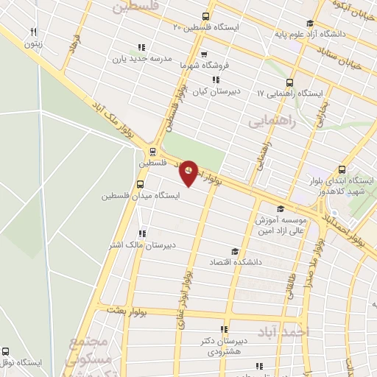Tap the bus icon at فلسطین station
151,152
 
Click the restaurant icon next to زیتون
33,32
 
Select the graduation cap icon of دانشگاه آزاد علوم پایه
310,23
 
